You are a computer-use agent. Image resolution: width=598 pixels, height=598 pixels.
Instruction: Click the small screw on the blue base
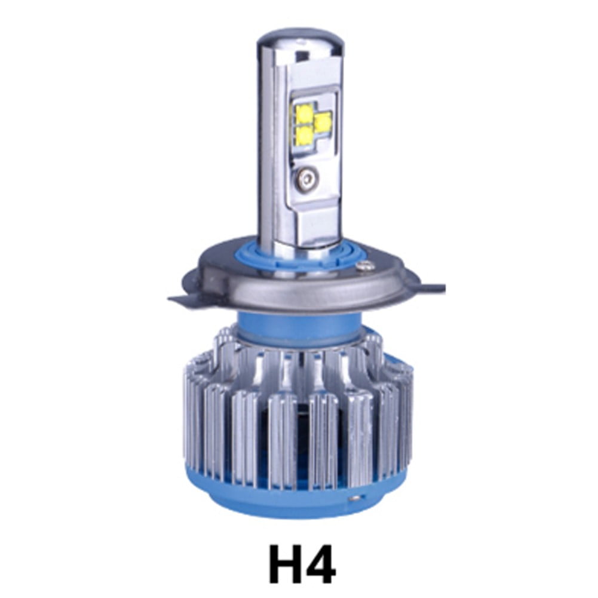pyautogui.click(x=356, y=498)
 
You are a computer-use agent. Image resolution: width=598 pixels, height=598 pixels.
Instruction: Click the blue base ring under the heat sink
pyautogui.click(x=287, y=508)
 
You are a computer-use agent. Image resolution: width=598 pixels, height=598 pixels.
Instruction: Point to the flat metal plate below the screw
pyautogui.click(x=314, y=215)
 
